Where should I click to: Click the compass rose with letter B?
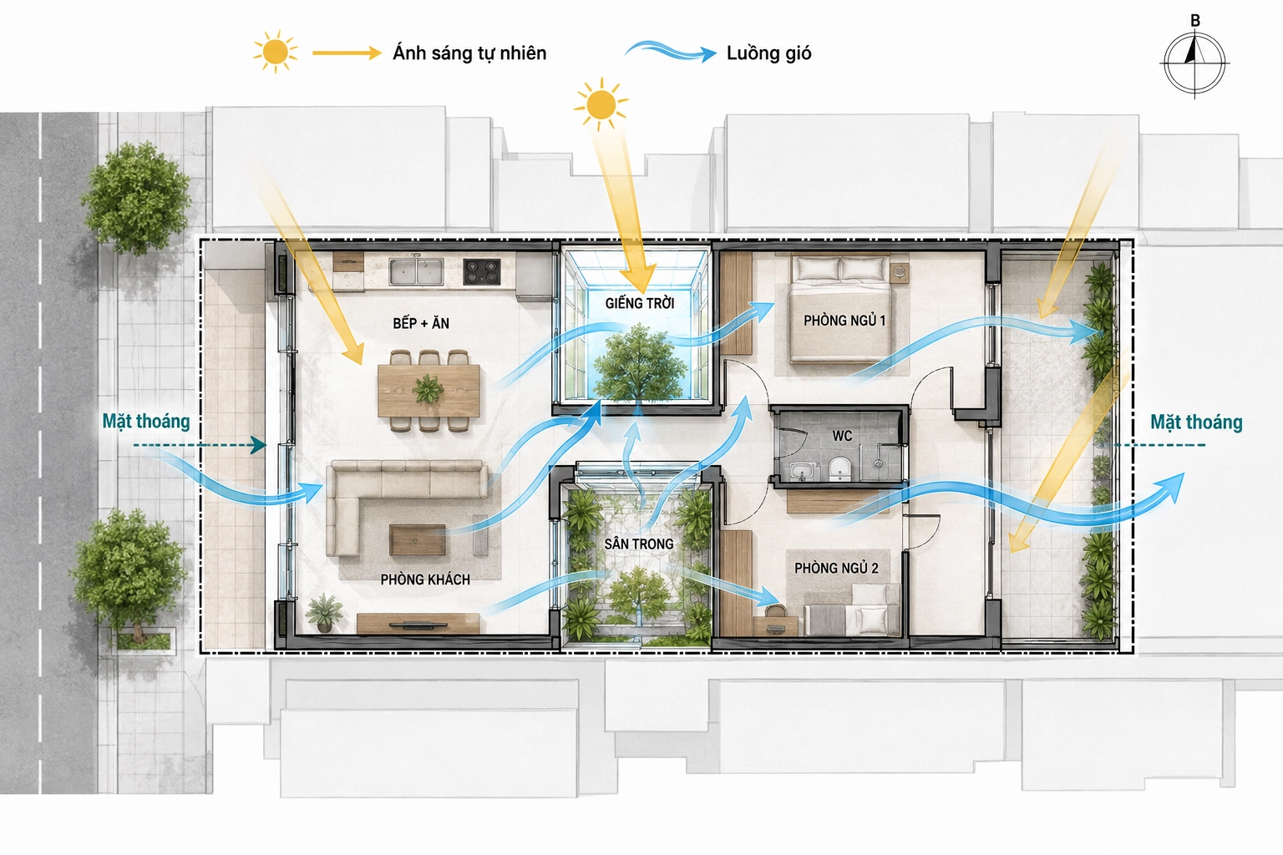(1194, 61)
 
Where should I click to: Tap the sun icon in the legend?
(276, 52)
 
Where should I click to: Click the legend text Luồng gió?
(768, 53)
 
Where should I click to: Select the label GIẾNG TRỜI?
(640, 303)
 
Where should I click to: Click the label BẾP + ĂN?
(421, 324)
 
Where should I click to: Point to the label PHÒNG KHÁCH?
(425, 579)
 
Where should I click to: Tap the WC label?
(842, 436)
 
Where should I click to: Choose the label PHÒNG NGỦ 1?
(844, 321)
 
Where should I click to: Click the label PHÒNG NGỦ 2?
(836, 568)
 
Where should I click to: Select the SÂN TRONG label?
(639, 544)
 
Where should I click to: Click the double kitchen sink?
(417, 271)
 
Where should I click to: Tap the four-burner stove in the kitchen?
(482, 271)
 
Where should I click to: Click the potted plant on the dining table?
(428, 389)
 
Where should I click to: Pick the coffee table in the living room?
(418, 539)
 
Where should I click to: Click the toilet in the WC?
(839, 468)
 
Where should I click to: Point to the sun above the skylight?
(601, 105)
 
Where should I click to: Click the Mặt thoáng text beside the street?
(146, 422)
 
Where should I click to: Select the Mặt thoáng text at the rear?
(1196, 422)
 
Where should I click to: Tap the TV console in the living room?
(418, 624)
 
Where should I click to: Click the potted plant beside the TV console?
(325, 613)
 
